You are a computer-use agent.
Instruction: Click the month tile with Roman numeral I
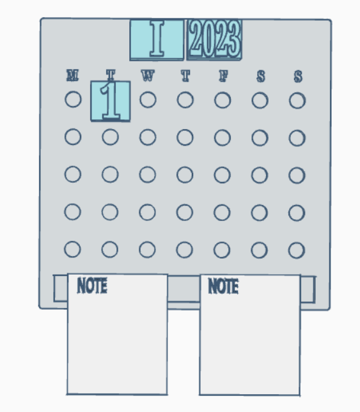[x=157, y=40]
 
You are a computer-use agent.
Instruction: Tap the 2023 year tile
[x=214, y=40]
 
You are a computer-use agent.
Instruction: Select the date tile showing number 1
[x=111, y=102]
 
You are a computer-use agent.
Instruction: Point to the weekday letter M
[x=72, y=75]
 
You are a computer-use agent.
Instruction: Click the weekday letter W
[x=148, y=75]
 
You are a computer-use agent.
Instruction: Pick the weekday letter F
[x=223, y=76]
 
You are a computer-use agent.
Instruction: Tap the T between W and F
[x=185, y=76]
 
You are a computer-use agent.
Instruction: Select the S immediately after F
[x=261, y=77]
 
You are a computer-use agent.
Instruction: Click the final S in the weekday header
[x=298, y=77]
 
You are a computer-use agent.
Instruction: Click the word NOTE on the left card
[x=92, y=286]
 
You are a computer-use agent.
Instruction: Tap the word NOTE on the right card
[x=223, y=286]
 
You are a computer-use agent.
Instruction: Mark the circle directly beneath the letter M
[x=73, y=99]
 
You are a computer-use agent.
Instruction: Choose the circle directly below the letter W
[x=148, y=100]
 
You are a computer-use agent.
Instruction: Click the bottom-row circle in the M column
[x=72, y=249]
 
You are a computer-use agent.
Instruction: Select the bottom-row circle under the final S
[x=297, y=250]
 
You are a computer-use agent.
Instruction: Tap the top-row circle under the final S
[x=297, y=101]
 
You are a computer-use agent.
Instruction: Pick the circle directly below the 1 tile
[x=110, y=137]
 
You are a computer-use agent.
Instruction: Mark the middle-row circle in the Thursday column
[x=185, y=175]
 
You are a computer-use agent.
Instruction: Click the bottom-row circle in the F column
[x=222, y=250]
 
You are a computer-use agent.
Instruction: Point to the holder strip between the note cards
[x=184, y=289]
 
